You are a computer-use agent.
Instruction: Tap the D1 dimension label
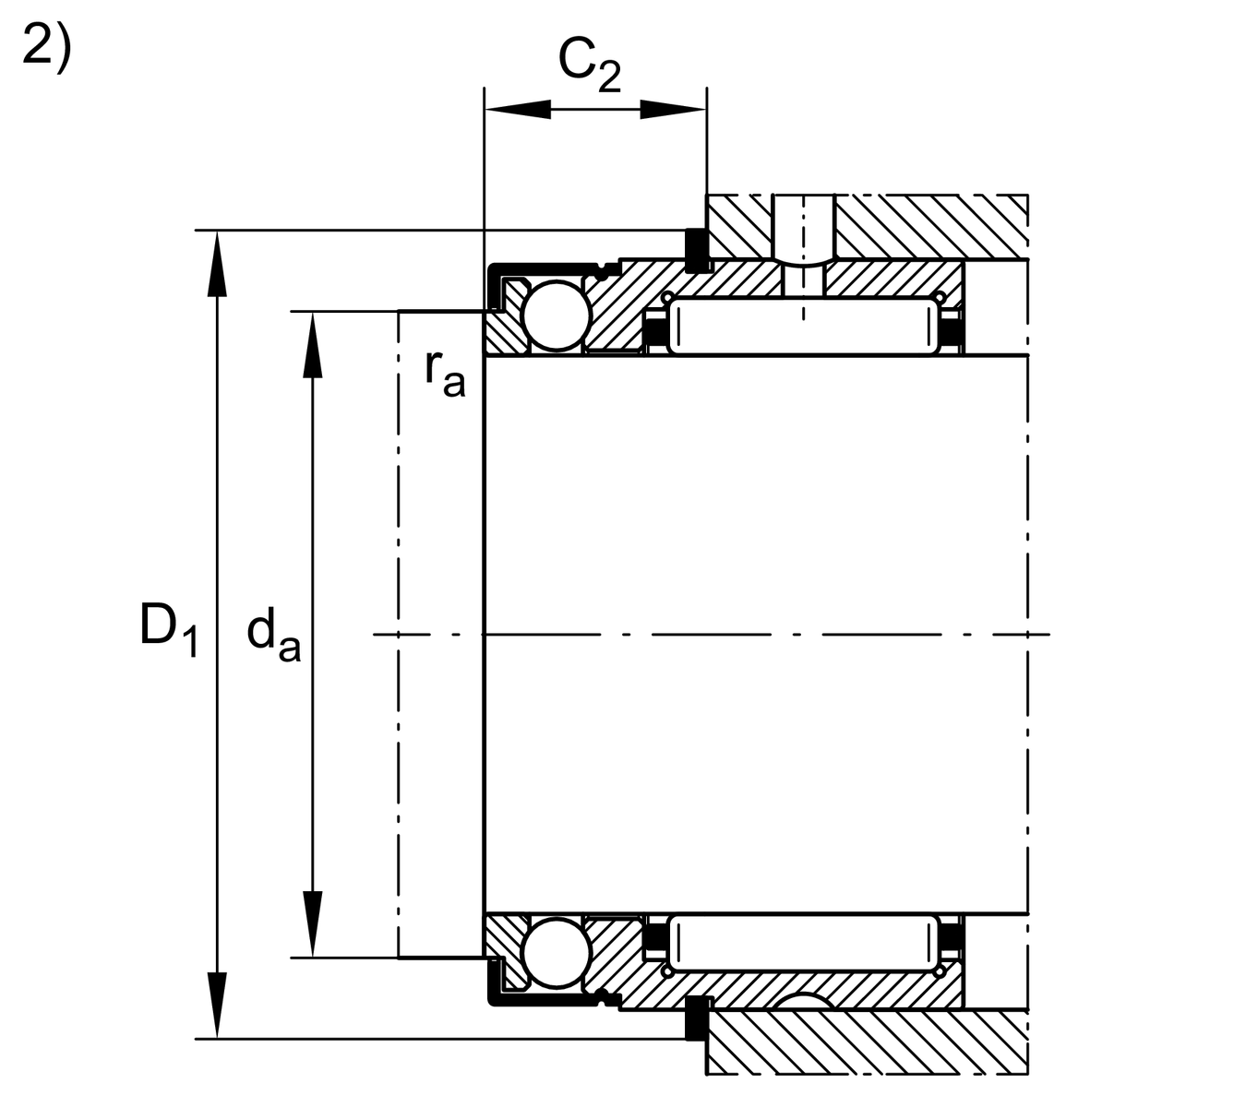tap(168, 629)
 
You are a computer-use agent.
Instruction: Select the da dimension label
tap(273, 637)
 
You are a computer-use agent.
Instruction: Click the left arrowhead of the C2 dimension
tap(517, 110)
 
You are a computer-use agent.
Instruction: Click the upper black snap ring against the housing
tap(696, 249)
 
